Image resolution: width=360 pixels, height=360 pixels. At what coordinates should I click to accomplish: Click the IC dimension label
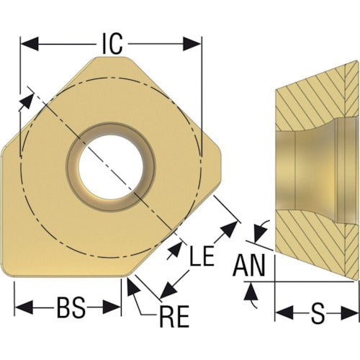pos(112,44)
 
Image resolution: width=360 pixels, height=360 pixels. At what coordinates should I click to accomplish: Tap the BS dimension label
pos(71,307)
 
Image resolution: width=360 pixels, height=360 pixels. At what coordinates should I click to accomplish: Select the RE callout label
pos(174,316)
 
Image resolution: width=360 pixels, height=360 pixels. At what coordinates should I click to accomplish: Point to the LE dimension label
pos(202,256)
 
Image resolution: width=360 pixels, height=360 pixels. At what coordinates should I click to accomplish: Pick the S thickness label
pos(318,312)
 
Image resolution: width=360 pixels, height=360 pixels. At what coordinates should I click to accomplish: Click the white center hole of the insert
pos(111,167)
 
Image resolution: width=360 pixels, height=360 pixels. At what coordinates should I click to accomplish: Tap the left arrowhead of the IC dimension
pos(30,44)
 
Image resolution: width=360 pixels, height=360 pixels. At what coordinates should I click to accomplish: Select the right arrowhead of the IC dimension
pos(192,44)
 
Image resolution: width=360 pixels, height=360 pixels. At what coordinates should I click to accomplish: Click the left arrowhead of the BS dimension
pos(24,307)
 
